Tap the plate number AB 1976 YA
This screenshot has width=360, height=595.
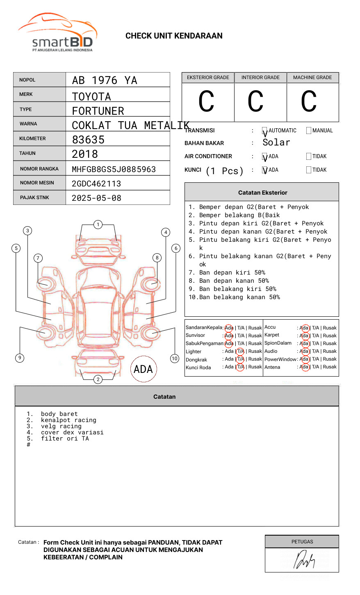pos(105,80)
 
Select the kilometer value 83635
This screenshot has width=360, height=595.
pos(88,140)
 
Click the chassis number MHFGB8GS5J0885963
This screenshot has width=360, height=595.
pos(114,169)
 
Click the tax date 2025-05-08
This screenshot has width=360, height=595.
pos(96,198)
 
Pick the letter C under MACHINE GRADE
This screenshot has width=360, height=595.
pos(309,102)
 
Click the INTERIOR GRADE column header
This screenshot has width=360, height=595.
pos(260,77)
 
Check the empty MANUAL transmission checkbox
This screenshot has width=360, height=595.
pos(309,131)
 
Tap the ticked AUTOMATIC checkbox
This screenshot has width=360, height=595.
pos(265,131)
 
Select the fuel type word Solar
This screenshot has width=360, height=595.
pos(276,143)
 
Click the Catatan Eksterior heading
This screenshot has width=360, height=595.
pos(262,193)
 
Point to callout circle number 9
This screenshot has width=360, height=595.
pos(20,358)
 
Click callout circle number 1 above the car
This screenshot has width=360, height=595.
pos(98,225)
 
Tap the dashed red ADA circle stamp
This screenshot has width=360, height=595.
pos(143,369)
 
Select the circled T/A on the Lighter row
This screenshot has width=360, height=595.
pos(241,351)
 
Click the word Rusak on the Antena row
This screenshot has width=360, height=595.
pos(330,367)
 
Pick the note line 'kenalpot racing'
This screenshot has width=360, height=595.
pos(68,420)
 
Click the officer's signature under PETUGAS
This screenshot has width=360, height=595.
pos(303,560)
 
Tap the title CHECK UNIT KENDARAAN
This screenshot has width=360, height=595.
pos(174,36)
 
